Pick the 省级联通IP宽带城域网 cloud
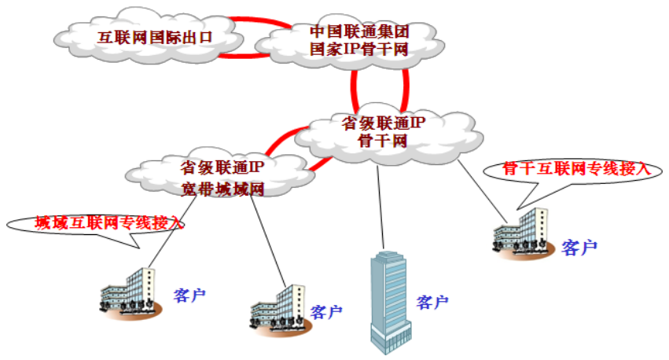point(220,177)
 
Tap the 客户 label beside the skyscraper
point(432,302)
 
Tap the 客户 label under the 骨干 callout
point(579,248)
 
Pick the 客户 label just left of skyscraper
point(326,312)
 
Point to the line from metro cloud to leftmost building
point(169,236)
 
